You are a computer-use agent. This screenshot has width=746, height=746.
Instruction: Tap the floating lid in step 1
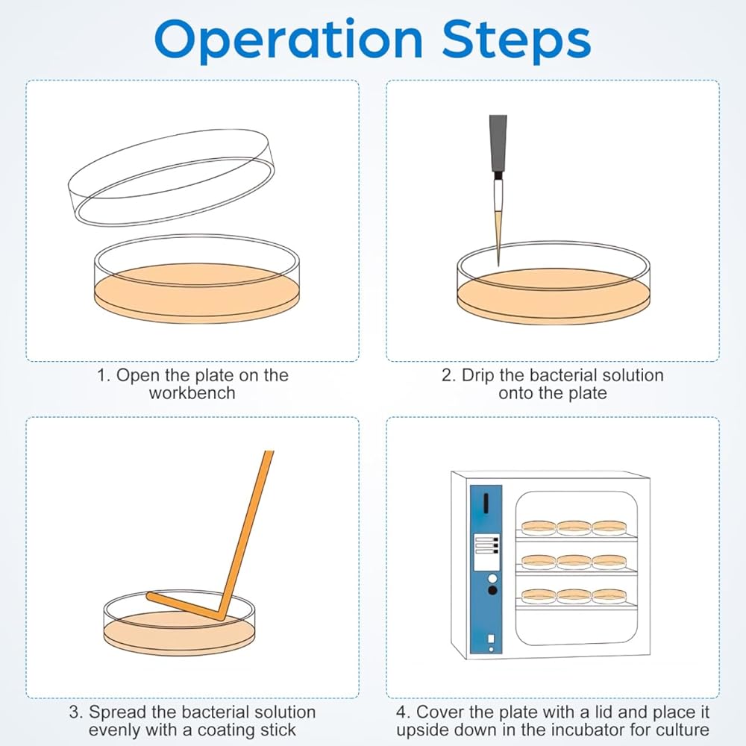(172, 176)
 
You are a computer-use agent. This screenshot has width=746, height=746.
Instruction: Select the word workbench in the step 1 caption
(192, 393)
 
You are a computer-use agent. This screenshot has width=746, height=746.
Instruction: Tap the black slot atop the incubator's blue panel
(486, 503)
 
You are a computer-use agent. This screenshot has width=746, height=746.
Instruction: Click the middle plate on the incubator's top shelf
(574, 527)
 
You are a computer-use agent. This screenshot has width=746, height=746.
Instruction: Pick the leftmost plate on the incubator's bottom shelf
(539, 596)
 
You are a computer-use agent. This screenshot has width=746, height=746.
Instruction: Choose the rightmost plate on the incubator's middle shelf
(609, 562)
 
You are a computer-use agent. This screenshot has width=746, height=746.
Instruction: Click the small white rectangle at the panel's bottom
(491, 639)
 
